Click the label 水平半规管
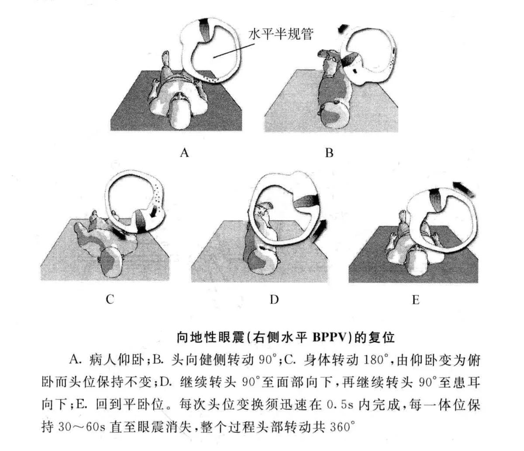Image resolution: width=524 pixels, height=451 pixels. (x=280, y=34)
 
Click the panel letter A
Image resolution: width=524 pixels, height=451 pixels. (x=185, y=153)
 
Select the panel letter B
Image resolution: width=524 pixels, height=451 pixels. (x=329, y=153)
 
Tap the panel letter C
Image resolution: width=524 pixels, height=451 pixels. (x=110, y=299)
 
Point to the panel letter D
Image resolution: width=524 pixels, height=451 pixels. (x=274, y=299)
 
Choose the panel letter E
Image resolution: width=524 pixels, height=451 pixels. (x=415, y=300)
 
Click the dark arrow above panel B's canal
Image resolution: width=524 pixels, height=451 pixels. (x=344, y=31)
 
